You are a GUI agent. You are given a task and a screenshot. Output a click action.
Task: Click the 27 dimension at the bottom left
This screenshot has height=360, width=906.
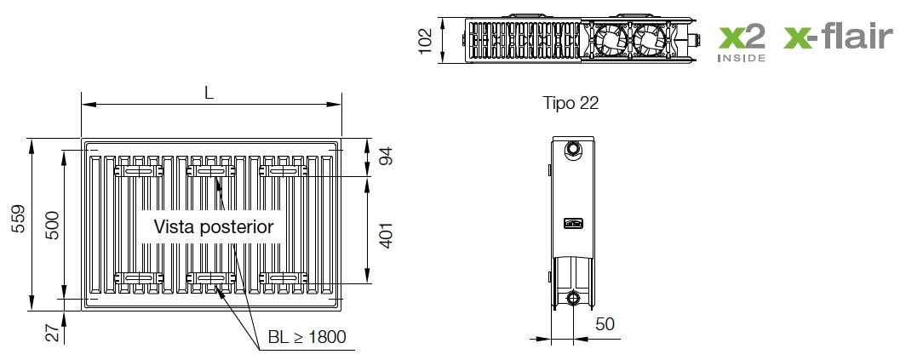click(51, 333)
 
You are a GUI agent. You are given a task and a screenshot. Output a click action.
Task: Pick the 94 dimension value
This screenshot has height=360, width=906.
click(385, 157)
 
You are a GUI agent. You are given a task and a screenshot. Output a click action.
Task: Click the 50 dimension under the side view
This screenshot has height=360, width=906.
click(605, 323)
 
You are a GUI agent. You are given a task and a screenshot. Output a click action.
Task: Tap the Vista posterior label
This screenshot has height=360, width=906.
click(214, 226)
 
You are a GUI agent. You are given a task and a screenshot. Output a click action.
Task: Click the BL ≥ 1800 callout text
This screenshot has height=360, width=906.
click(307, 337)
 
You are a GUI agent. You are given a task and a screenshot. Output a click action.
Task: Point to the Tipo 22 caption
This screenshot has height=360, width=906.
click(571, 103)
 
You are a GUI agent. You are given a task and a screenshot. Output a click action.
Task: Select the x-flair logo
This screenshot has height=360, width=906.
click(839, 38)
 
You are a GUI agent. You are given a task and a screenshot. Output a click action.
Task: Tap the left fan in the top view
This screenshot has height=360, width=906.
click(611, 39)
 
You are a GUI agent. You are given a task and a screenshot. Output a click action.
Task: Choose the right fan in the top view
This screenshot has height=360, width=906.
click(649, 39)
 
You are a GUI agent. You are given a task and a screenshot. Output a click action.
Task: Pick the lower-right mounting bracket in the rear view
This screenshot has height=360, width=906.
click(284, 277)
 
